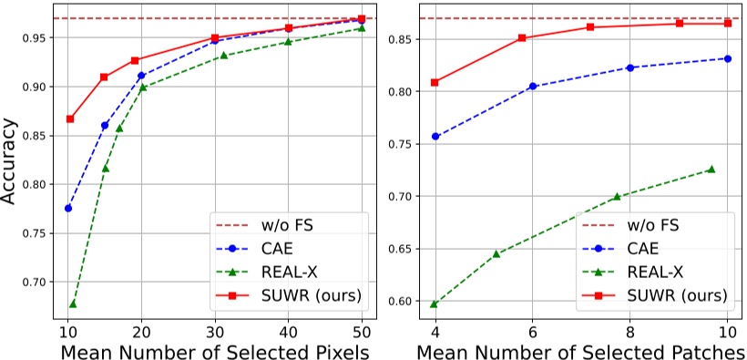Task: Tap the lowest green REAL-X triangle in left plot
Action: (73, 303)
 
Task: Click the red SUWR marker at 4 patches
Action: (435, 82)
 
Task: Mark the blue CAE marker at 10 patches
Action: (727, 58)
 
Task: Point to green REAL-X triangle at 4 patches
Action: (435, 303)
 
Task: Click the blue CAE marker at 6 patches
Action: (533, 87)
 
